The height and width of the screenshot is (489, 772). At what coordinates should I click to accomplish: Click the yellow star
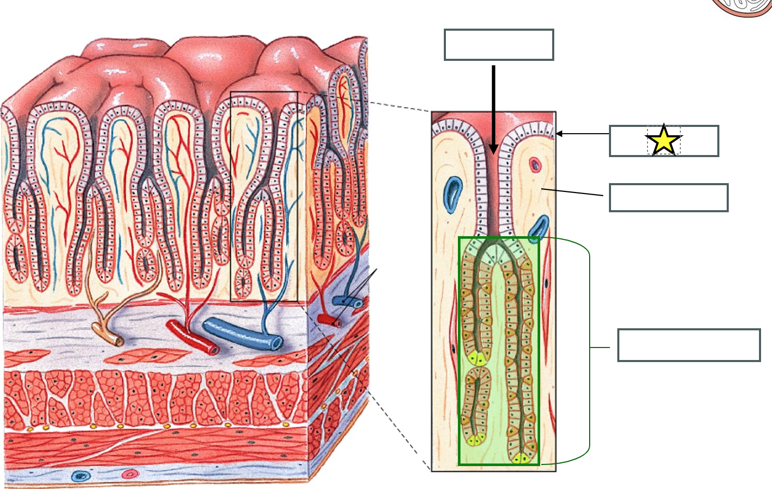point(664,140)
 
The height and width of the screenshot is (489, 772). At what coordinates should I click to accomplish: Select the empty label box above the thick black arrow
point(499,45)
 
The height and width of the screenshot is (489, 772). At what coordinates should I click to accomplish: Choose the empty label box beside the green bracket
point(689,345)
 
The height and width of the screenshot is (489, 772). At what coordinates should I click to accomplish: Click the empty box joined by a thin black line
point(668,198)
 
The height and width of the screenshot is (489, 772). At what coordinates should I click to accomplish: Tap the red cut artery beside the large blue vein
point(192,338)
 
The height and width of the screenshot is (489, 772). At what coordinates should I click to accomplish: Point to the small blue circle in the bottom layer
point(80,475)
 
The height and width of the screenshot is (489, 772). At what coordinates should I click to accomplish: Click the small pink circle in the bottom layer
point(130,474)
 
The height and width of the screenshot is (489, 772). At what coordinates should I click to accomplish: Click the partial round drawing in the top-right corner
point(742,7)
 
